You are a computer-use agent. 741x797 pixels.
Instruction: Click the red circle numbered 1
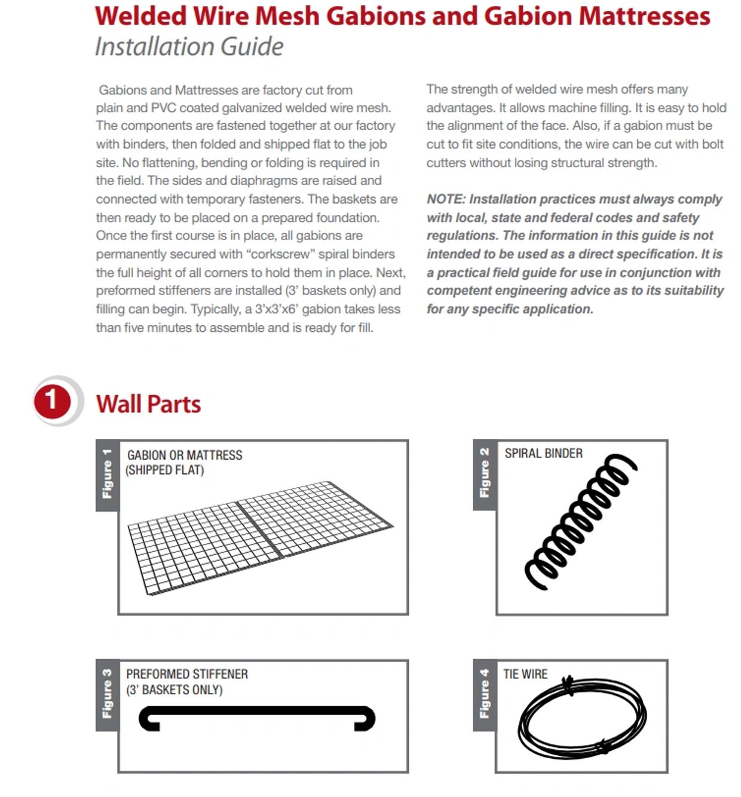click(51, 401)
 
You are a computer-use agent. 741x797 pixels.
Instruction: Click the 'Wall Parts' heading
click(148, 404)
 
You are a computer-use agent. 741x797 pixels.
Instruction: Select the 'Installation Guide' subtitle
click(189, 47)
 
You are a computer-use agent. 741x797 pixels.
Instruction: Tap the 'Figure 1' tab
click(107, 475)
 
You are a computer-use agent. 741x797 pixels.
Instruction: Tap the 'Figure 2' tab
click(484, 473)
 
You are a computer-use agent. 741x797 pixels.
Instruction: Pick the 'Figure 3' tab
click(107, 694)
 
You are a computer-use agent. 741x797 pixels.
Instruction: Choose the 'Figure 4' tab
click(484, 694)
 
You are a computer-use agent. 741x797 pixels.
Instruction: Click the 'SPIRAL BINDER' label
click(543, 453)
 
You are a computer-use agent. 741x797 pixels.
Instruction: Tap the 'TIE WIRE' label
click(525, 674)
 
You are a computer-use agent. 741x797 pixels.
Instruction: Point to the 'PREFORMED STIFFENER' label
click(187, 674)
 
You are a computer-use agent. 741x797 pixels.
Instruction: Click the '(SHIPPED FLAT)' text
click(165, 470)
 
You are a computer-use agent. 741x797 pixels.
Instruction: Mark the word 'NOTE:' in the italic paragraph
click(446, 199)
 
